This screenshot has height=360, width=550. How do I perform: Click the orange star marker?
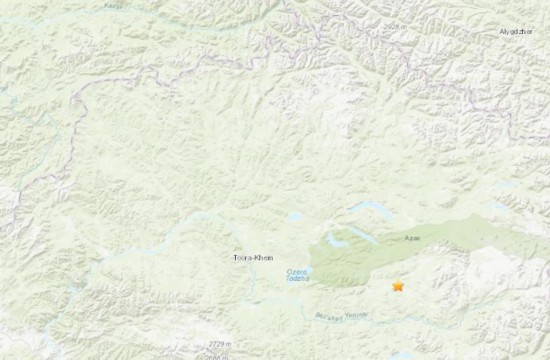[398, 287]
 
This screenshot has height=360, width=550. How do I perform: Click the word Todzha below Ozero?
[296, 278]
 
